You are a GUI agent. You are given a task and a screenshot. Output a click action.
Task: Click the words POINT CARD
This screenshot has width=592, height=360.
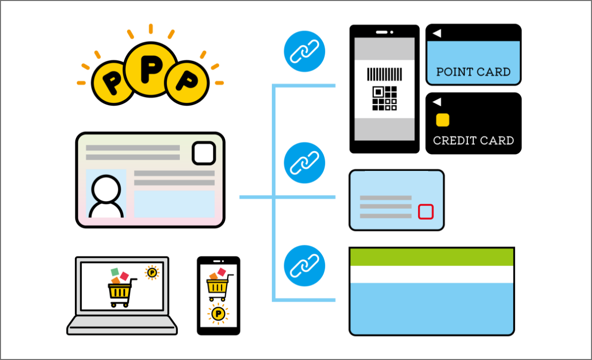pyautogui.click(x=473, y=72)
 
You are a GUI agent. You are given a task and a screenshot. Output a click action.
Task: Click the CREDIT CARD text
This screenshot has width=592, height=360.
pyautogui.click(x=473, y=140)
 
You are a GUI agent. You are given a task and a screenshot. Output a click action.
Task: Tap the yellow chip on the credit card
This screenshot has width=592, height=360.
pyautogui.click(x=442, y=120)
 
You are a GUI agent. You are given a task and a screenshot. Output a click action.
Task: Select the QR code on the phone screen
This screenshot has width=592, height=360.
pyautogui.click(x=384, y=98)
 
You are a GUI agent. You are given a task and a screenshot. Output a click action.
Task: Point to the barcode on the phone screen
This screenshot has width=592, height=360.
pyautogui.click(x=384, y=74)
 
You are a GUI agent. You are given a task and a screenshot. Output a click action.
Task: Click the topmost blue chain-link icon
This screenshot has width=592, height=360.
pyautogui.click(x=305, y=51)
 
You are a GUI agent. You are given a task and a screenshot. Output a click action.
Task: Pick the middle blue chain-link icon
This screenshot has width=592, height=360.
pyautogui.click(x=305, y=163)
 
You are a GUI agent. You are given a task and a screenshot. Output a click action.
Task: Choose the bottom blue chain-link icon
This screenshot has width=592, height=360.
pyautogui.click(x=305, y=265)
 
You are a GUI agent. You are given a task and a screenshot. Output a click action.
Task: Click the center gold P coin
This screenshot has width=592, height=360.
pyautogui.click(x=151, y=69)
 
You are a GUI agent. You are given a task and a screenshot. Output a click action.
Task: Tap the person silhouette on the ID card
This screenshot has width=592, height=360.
pyautogui.click(x=106, y=197)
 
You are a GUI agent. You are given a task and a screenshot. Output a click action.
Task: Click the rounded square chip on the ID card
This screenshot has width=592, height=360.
pyautogui.click(x=204, y=153)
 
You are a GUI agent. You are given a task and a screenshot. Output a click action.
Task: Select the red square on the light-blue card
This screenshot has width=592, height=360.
pyautogui.click(x=426, y=212)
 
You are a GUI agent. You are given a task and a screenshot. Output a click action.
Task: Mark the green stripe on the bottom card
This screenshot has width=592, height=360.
pyautogui.click(x=432, y=257)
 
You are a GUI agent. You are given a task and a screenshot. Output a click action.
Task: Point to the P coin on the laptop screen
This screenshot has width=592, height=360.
pyautogui.click(x=152, y=273)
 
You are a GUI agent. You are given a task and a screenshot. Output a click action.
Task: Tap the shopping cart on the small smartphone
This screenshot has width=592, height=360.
pyautogui.click(x=218, y=285)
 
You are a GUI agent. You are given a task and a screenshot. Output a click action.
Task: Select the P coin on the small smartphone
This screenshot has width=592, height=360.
pyautogui.click(x=218, y=314)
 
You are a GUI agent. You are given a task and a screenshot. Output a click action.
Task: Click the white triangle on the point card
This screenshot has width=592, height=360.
pyautogui.click(x=437, y=33)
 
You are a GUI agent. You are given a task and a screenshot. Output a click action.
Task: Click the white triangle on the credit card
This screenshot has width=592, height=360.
pyautogui.click(x=437, y=102)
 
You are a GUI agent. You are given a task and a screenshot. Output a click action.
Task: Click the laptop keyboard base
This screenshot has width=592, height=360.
pyautogui.click(x=122, y=325)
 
